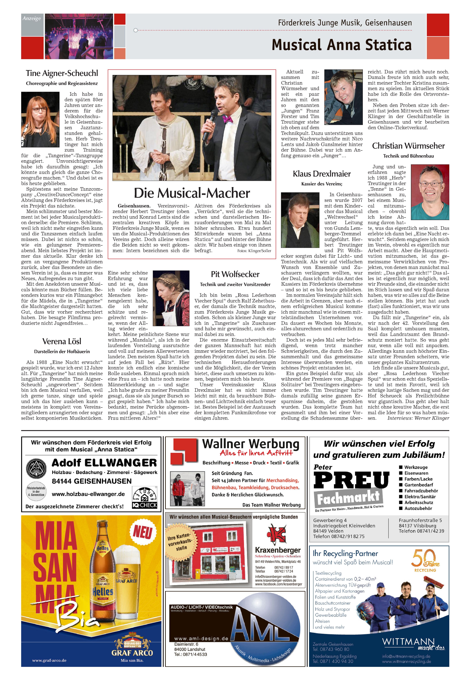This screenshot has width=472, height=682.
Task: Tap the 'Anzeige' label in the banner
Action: click(x=32, y=18)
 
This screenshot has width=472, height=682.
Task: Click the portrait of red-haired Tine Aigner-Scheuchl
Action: click(x=40, y=119)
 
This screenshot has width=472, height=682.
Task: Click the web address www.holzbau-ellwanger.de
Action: click(x=88, y=494)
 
